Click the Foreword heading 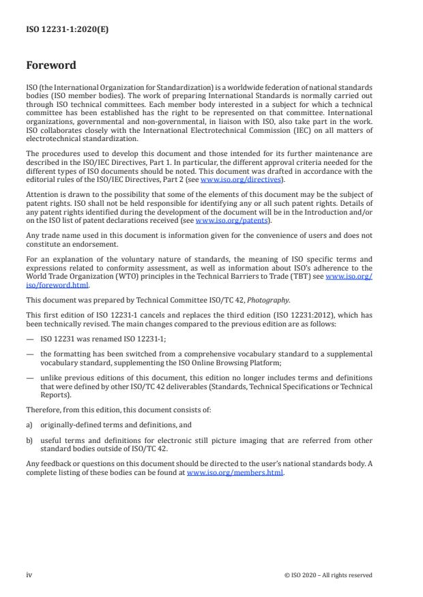pos(50,65)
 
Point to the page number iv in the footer pos(29,575)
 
